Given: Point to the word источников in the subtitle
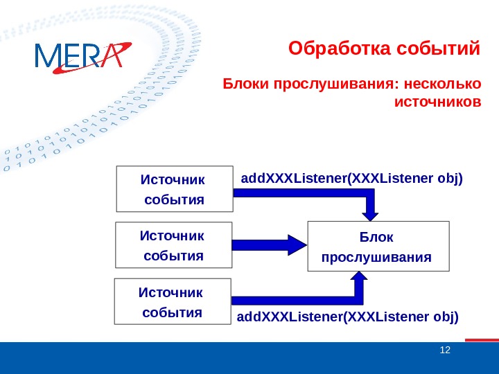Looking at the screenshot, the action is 437,103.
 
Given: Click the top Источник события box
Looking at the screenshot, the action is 174,188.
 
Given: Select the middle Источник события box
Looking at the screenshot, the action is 173,245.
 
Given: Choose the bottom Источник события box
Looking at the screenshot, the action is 172,301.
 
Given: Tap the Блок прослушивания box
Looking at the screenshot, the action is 378,247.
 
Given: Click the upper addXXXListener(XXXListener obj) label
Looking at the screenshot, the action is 351,179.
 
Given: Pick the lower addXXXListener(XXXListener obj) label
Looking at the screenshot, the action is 348,317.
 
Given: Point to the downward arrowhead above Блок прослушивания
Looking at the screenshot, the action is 371,212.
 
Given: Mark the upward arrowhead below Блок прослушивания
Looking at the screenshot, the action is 359,279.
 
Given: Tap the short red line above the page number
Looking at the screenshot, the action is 482,339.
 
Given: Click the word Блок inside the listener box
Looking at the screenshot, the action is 376,237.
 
